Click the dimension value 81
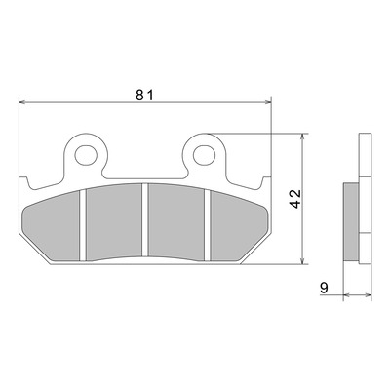pos(144,95)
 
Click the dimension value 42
pos(296,198)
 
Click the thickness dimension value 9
pos(324,288)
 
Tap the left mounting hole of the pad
pos(86,155)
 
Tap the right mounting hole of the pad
pos(205,155)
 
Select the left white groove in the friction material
pos(83,225)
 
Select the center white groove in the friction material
pos(145,219)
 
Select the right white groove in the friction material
pos(208,225)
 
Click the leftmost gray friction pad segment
pos(52,227)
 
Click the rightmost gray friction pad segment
pos(239,227)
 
